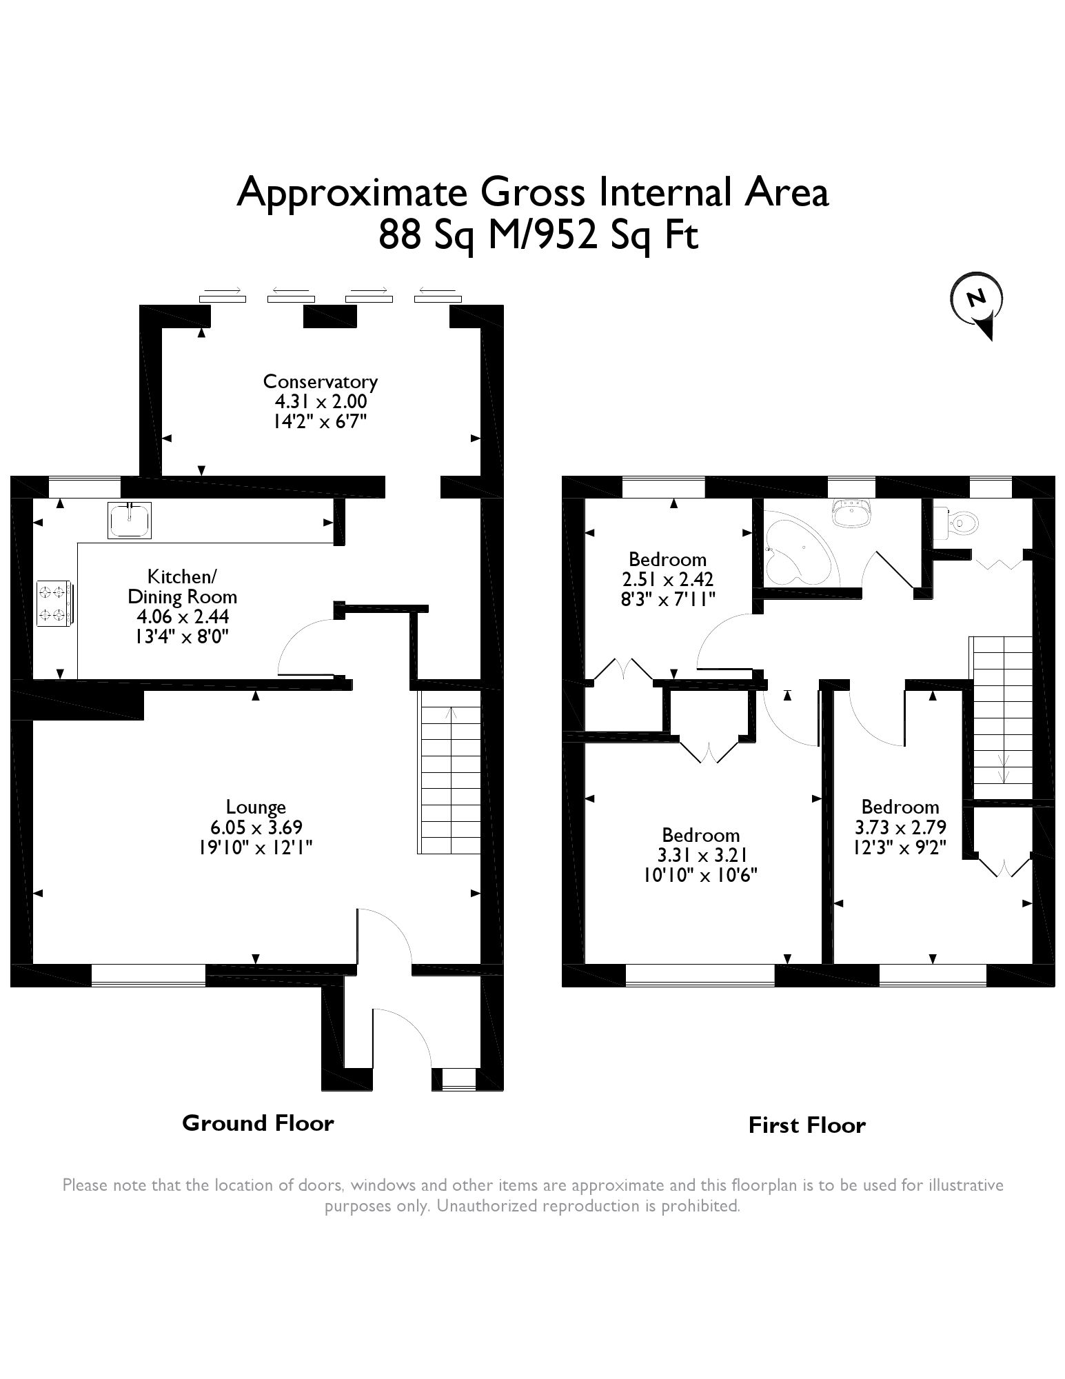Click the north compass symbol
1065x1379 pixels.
click(x=977, y=303)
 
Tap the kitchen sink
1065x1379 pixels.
click(x=130, y=520)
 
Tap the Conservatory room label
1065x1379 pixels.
click(x=321, y=381)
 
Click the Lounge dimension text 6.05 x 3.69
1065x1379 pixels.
click(x=256, y=827)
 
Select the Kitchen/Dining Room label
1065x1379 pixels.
click(x=183, y=586)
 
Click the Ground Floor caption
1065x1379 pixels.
click(x=258, y=1123)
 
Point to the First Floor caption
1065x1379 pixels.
click(x=807, y=1126)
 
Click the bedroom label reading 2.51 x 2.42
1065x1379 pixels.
click(x=667, y=579)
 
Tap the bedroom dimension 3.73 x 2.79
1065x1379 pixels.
click(x=900, y=827)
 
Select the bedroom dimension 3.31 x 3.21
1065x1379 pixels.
click(x=700, y=856)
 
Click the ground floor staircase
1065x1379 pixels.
click(x=449, y=773)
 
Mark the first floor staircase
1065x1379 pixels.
click(x=1002, y=717)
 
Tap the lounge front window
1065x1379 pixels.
click(x=148, y=975)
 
